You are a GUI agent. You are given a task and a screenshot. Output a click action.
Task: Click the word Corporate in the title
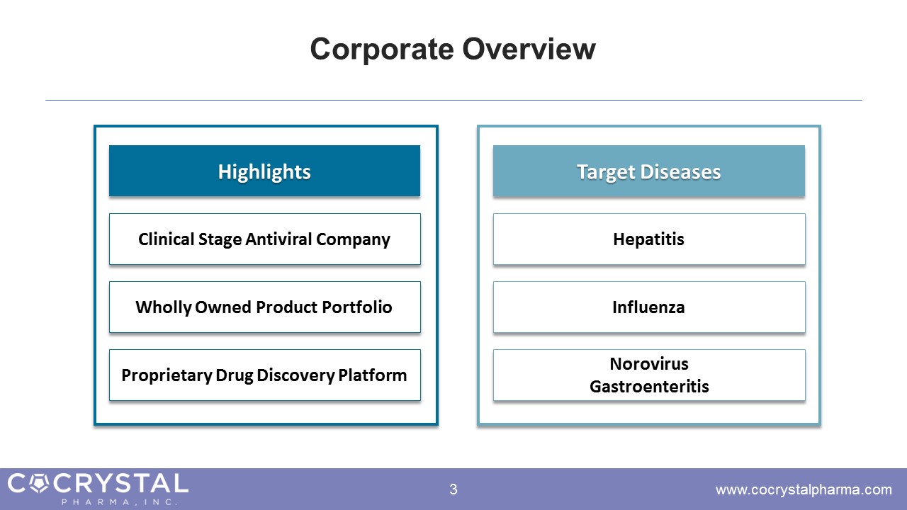tap(382, 50)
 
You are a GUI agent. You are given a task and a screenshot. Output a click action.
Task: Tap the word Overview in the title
tap(529, 49)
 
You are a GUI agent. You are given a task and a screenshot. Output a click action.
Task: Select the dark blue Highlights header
tap(264, 171)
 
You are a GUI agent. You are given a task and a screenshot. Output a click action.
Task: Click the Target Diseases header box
tap(648, 171)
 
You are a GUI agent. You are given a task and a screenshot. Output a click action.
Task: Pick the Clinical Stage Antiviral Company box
tap(264, 239)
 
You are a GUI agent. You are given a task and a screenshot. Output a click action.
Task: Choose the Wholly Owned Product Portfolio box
tap(264, 307)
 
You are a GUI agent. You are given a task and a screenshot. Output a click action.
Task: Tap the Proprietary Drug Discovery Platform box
tap(264, 375)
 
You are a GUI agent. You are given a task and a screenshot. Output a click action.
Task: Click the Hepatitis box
tap(649, 239)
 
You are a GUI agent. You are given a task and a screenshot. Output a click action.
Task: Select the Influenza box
tap(649, 307)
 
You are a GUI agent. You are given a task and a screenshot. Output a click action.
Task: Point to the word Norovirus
tap(649, 364)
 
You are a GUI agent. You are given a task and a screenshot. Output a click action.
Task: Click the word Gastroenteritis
tap(649, 387)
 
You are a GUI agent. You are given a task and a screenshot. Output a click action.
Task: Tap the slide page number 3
tap(453, 489)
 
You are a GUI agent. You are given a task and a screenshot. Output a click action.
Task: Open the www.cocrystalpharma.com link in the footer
tap(804, 489)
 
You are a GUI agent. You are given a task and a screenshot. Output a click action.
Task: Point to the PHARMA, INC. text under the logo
tap(119, 502)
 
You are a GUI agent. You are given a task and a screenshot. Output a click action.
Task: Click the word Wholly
tap(163, 307)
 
